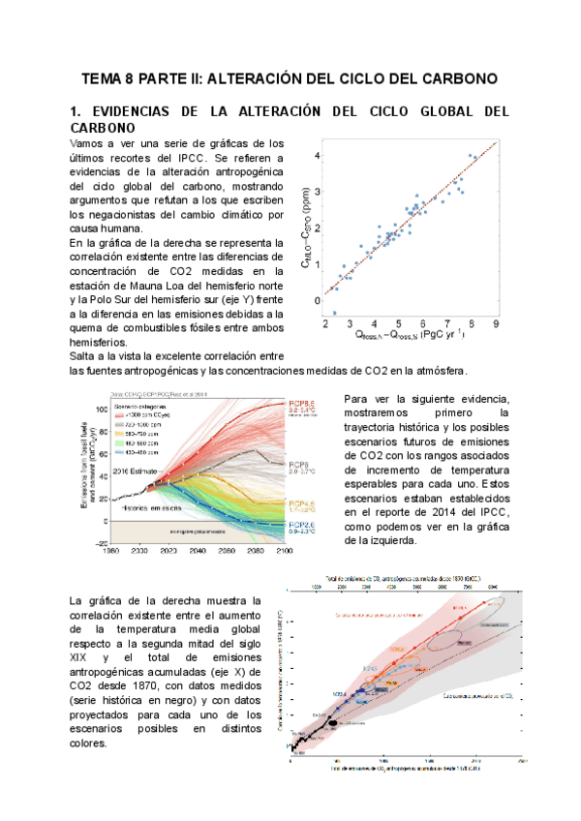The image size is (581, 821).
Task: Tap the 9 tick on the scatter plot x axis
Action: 496,325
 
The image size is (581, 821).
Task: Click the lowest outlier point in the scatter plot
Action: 335,313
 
